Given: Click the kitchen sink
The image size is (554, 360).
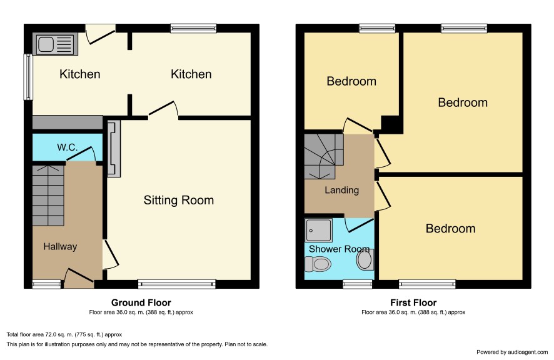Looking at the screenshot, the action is coord(56,44).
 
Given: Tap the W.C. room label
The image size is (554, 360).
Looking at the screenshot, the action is coord(67,147).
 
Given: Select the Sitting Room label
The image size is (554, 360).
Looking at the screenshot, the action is coord(179,201).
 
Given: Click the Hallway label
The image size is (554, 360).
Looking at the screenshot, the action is coord(60,246).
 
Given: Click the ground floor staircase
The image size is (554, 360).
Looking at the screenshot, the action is coord(48,195).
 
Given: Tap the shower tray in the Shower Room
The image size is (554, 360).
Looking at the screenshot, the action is coord(319,231).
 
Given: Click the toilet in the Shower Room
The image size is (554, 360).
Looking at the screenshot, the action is coord(318,264).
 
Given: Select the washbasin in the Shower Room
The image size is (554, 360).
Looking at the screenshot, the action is coord(365,259).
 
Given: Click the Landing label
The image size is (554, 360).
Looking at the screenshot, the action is coord(341,190).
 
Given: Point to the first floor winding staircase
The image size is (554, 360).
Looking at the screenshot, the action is coord(324,156).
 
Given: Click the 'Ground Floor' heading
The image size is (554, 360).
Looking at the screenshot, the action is coord(141,302).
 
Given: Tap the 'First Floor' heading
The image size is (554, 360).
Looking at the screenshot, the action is coord(413,302).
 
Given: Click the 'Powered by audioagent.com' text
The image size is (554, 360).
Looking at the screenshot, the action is coord(512,352).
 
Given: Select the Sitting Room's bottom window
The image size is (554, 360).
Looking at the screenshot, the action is coord(177,284).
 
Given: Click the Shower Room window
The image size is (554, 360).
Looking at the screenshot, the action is coord(358,284).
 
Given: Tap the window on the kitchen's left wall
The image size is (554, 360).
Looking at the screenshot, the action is coord(28,77).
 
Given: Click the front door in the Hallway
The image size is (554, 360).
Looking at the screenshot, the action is coord(79,276).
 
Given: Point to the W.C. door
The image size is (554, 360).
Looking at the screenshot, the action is coord(81,154).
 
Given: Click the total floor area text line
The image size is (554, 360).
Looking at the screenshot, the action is coord(64,334).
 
